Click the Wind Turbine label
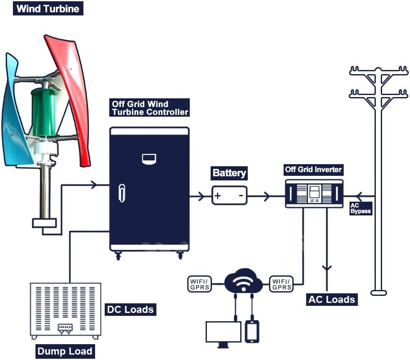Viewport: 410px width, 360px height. pyautogui.click(x=48, y=8)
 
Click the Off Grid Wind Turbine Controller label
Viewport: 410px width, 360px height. pyautogui.click(x=150, y=108)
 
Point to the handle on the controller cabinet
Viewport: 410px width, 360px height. pyautogui.click(x=122, y=192)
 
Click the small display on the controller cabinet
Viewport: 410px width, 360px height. pyautogui.click(x=149, y=158)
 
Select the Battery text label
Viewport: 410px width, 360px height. pyautogui.click(x=229, y=173)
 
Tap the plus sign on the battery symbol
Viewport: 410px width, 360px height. pyautogui.click(x=218, y=195)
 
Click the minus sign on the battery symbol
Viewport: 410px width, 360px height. pyautogui.click(x=241, y=195)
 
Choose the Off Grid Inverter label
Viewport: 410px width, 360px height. pyautogui.click(x=313, y=170)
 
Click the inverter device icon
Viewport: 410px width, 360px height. pyautogui.click(x=314, y=193)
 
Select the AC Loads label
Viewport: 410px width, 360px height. pyautogui.click(x=332, y=299)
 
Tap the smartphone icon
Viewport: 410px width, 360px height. pyautogui.click(x=252, y=331)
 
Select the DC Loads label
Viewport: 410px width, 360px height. pyautogui.click(x=130, y=309)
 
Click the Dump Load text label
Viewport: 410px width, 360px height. pyautogui.click(x=64, y=351)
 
